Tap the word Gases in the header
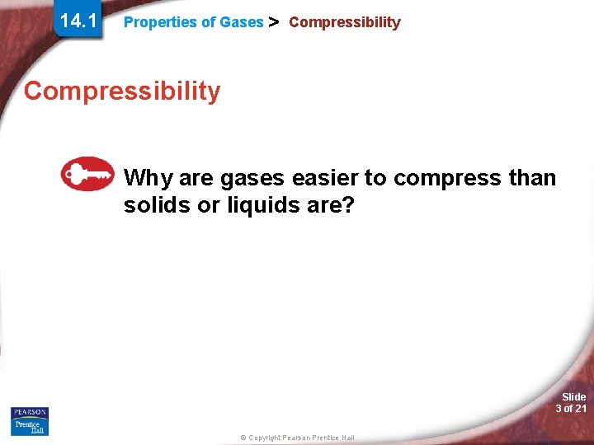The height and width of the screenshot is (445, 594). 241,22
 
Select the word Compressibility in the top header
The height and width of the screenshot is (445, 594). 344,22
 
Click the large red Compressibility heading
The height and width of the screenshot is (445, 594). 122,91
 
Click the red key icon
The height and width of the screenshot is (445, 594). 87,174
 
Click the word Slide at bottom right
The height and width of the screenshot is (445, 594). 573,396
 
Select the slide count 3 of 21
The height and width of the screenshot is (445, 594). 571,409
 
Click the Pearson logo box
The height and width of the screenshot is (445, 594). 30,412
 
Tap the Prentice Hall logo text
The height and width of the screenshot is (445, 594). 30,427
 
